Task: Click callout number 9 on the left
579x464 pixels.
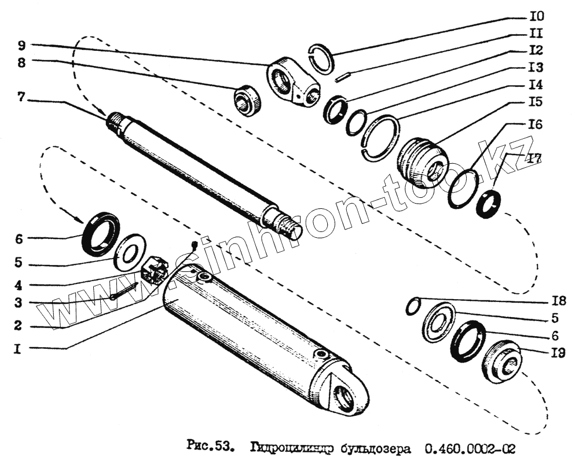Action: tap(21, 45)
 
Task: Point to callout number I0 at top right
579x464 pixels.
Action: tap(537, 16)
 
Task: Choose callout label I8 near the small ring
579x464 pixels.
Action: tap(558, 301)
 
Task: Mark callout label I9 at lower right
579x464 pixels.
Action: tap(558, 352)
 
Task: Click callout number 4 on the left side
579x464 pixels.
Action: tap(19, 286)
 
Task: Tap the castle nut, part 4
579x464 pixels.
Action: tap(155, 269)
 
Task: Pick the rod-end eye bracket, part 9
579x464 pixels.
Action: tap(292, 82)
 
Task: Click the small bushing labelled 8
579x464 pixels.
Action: tap(248, 100)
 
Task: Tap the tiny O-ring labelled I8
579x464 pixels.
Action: tap(412, 307)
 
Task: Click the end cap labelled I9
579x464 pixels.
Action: tap(502, 362)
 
